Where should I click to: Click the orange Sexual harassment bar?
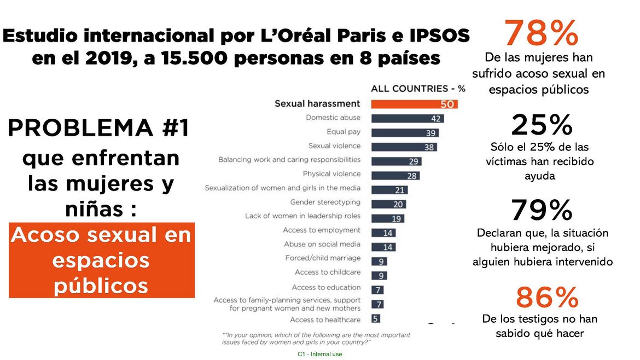(x=414, y=104)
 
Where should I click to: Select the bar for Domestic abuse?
(x=408, y=118)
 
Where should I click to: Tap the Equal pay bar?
(x=405, y=132)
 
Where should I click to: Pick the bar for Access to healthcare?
(x=376, y=318)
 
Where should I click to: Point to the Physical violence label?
(x=331, y=174)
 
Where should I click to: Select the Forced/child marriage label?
(x=323, y=258)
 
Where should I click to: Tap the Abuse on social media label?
(x=322, y=245)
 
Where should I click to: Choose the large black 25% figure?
(x=542, y=125)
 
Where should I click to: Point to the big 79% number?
(x=542, y=211)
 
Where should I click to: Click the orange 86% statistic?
(x=547, y=297)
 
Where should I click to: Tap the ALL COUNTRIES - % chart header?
(x=418, y=89)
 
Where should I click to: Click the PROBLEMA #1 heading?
(x=98, y=129)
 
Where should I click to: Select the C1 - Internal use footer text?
(x=320, y=355)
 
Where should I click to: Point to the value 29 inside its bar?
(x=414, y=161)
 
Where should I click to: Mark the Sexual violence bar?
(x=404, y=147)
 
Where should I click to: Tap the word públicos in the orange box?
(x=101, y=285)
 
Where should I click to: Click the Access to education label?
(x=326, y=287)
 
